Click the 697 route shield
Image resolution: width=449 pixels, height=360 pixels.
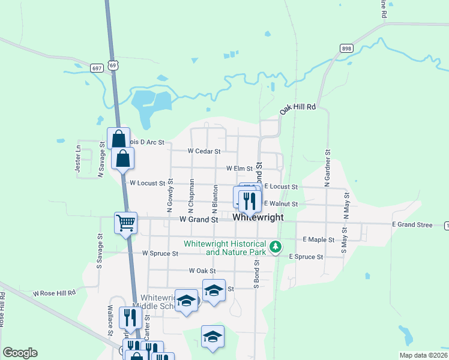point(97,68)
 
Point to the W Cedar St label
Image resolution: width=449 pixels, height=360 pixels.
point(204,151)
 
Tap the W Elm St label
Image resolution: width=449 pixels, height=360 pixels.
point(240,169)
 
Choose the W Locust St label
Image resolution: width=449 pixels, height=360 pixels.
point(147,182)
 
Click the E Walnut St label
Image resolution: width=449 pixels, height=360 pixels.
point(281,204)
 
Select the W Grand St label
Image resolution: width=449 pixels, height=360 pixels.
point(199,220)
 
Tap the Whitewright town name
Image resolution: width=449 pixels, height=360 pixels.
point(258,217)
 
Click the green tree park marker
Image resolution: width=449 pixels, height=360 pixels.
point(275,247)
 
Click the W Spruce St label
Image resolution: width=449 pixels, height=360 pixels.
point(160,253)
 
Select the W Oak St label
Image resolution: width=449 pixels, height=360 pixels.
point(202,271)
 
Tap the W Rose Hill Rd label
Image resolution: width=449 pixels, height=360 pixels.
point(54,293)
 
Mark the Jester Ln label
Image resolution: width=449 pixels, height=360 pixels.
point(78,159)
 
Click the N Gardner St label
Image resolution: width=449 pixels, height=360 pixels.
point(328,168)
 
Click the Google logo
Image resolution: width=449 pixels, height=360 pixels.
point(20,353)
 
